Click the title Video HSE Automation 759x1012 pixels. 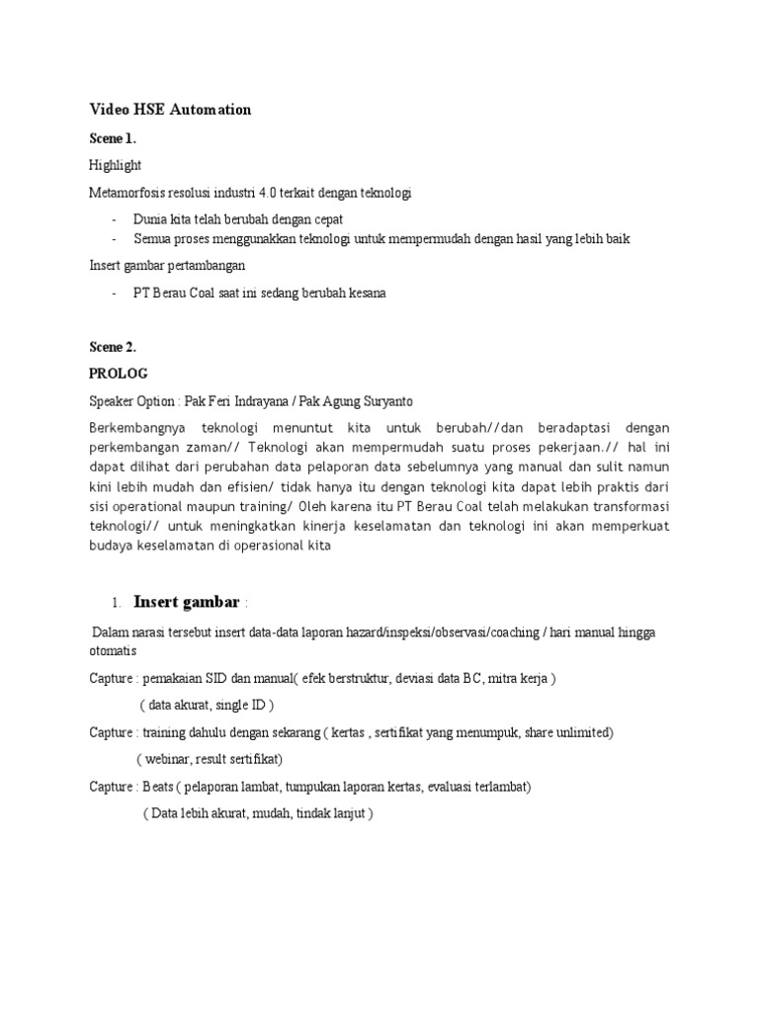170,110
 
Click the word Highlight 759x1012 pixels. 116,166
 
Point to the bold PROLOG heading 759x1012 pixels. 118,374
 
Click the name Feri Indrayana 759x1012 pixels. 242,401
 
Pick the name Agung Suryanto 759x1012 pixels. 370,401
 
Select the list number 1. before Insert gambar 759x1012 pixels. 116,603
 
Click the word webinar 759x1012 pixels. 171,760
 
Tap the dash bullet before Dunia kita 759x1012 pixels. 115,219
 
